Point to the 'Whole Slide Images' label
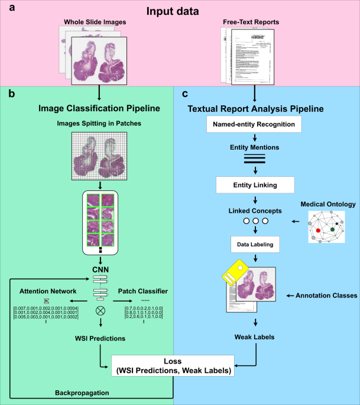click(x=95, y=22)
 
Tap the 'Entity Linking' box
click(x=255, y=185)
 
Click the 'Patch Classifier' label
click(x=143, y=291)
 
